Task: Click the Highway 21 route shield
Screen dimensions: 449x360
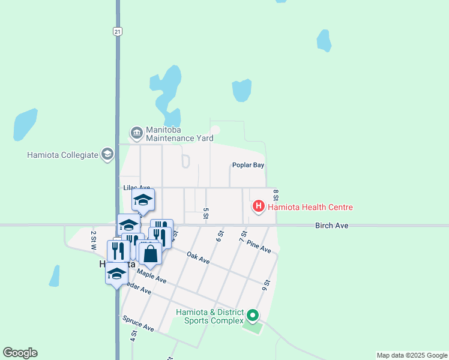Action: point(118,31)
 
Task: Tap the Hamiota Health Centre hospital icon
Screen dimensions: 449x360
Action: point(258,207)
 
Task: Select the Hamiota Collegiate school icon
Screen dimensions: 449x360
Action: point(107,155)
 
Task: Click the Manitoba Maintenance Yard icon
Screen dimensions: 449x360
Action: point(136,132)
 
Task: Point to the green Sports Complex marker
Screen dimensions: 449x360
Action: point(253,315)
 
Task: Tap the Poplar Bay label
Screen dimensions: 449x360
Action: point(249,165)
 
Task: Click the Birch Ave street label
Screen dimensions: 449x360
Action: point(332,226)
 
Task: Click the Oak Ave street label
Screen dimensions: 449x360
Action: point(198,258)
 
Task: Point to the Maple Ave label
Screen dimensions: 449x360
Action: point(151,275)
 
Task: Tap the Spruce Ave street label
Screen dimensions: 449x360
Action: point(138,324)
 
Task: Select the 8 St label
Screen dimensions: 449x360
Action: point(276,196)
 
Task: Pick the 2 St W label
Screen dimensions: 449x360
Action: point(94,239)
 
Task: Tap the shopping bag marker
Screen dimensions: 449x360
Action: point(150,253)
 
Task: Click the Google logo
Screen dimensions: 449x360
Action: point(20,353)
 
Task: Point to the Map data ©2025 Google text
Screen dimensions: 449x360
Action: point(411,355)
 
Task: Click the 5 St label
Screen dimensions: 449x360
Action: point(206,212)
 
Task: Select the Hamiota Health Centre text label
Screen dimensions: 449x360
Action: point(310,208)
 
